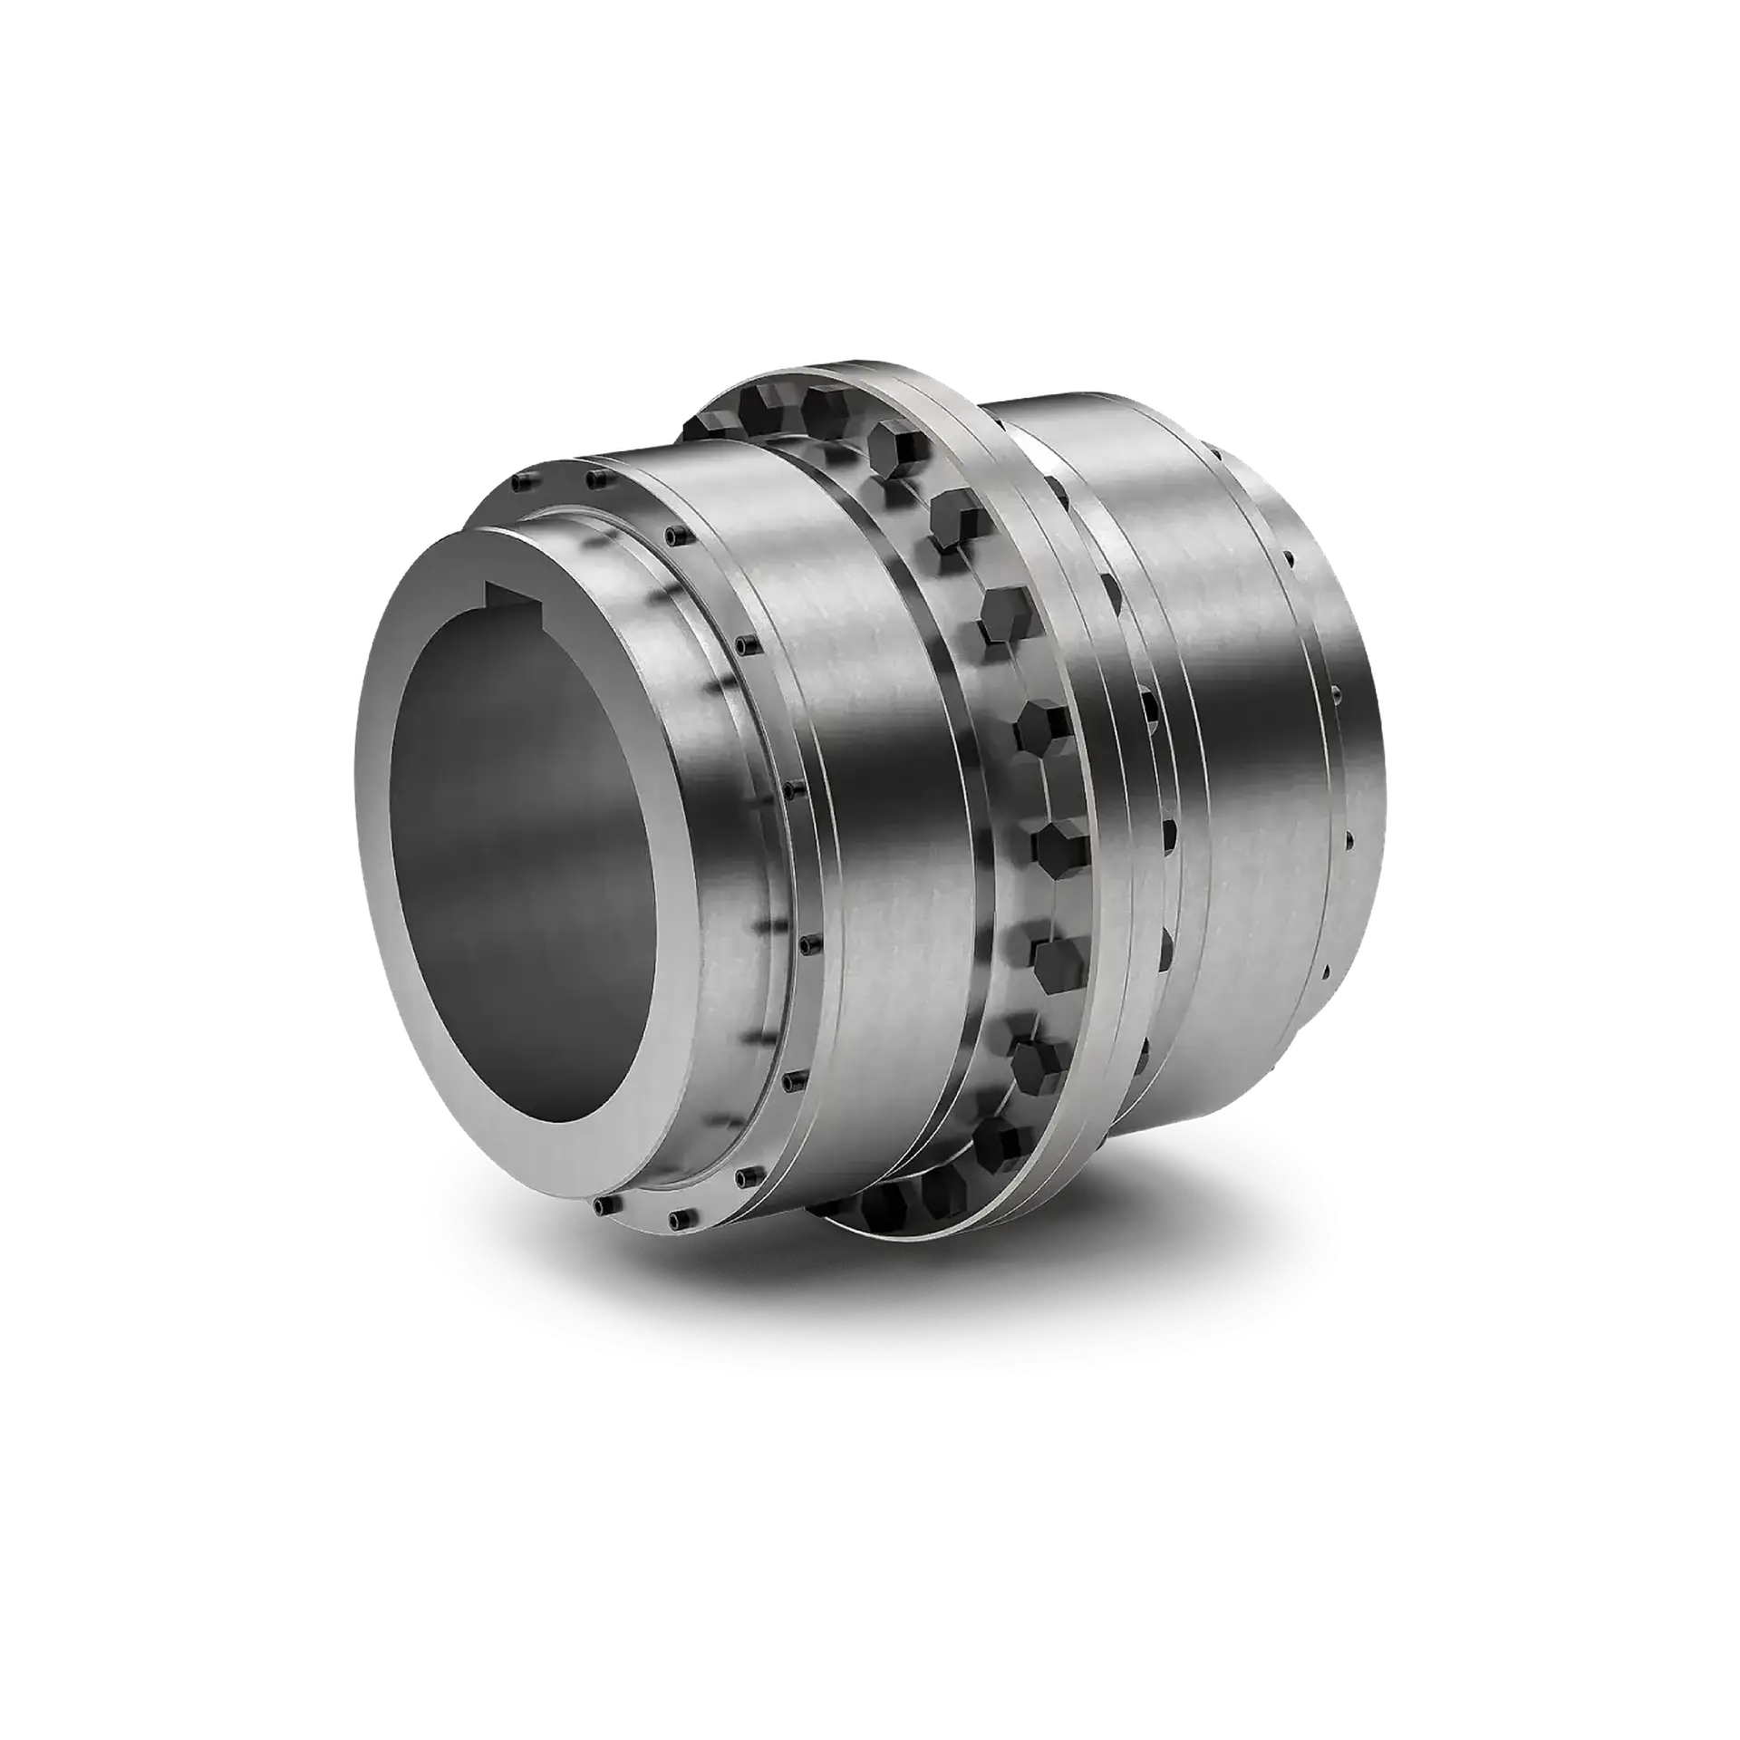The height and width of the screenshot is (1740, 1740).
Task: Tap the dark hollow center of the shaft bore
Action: [526, 834]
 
